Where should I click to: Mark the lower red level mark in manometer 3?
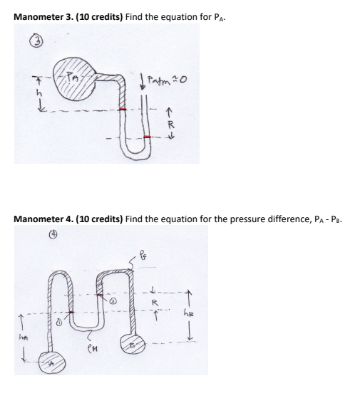point(148,136)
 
